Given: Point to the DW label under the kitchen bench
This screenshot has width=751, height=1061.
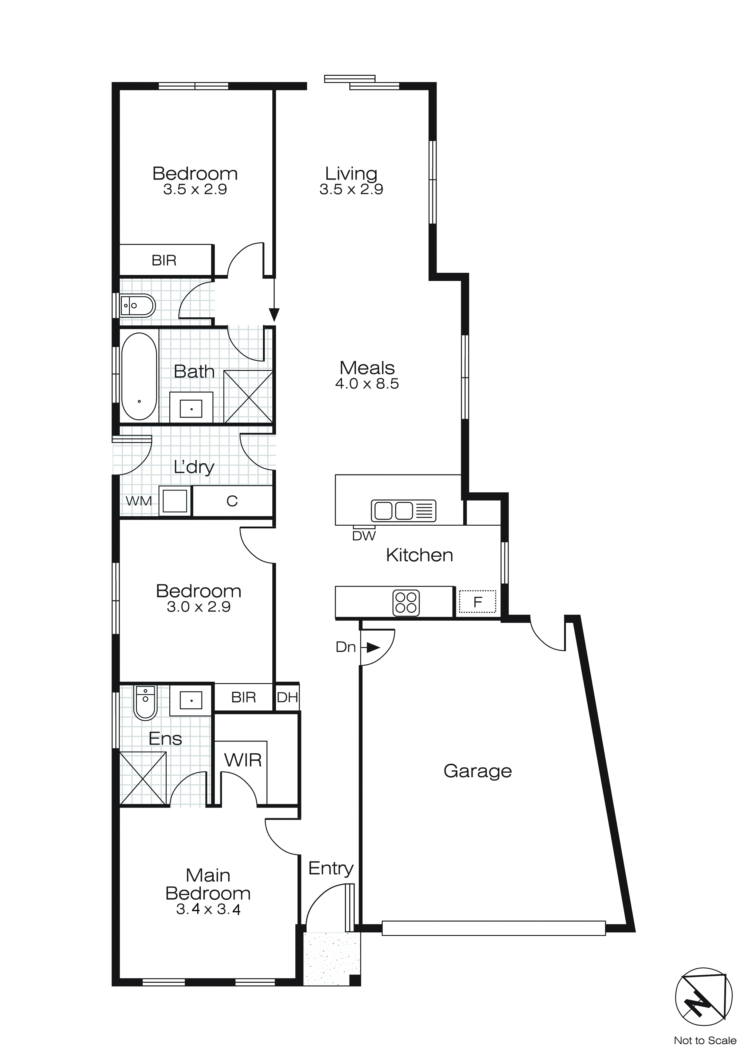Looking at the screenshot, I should click(x=364, y=536).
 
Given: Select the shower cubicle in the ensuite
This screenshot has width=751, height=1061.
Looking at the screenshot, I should click(x=143, y=779).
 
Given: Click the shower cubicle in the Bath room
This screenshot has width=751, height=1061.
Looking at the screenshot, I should click(x=248, y=396).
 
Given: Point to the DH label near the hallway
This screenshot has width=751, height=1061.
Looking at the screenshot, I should click(x=287, y=697).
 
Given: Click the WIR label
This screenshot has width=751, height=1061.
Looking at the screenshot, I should click(x=243, y=760).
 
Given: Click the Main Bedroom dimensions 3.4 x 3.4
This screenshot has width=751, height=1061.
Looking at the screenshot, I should click(x=208, y=909).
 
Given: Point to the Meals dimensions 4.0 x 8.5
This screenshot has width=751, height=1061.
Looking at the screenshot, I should click(x=367, y=384).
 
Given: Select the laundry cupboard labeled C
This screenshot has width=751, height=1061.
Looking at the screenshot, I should click(x=232, y=501).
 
